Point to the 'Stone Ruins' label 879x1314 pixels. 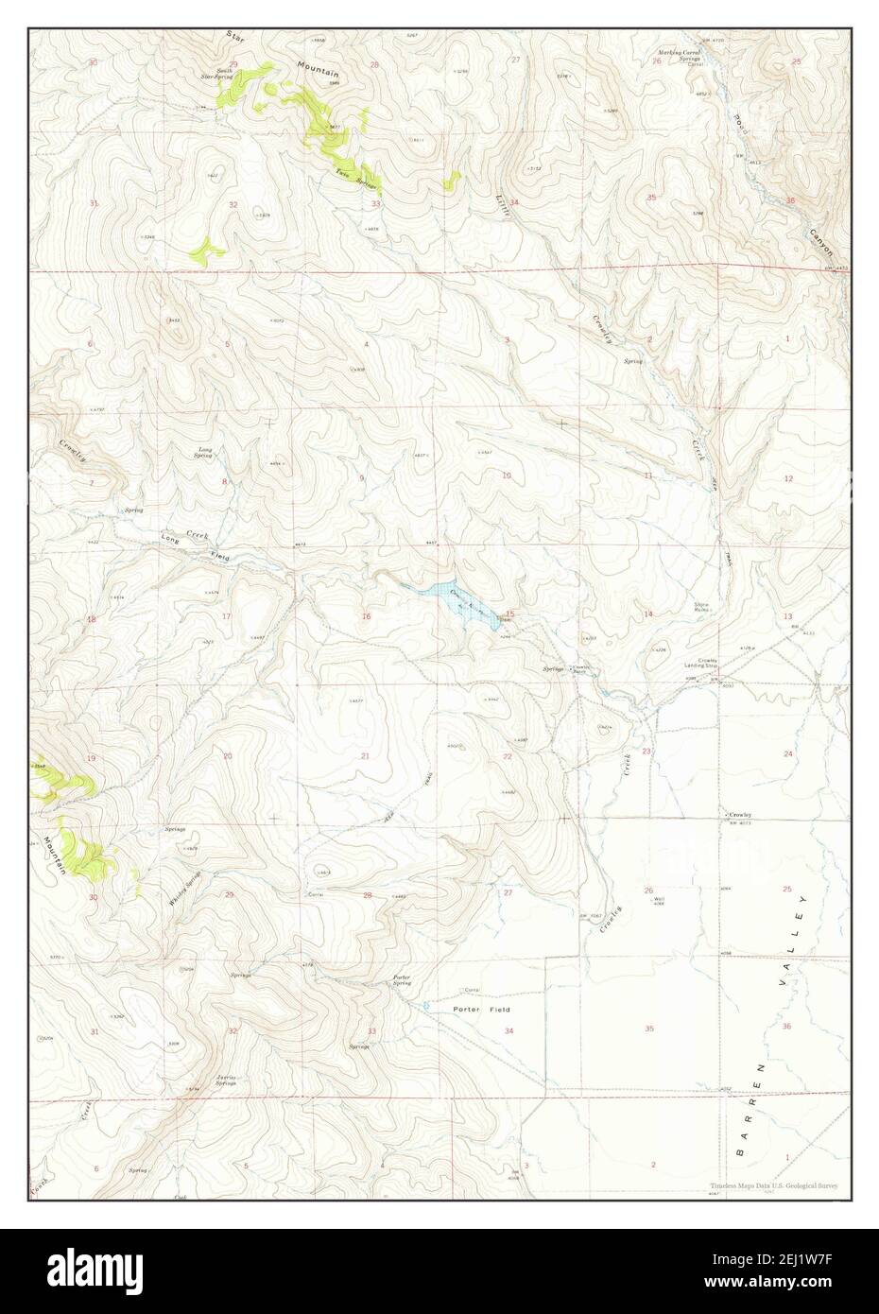(x=701, y=607)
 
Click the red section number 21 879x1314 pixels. (x=365, y=755)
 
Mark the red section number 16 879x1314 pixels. (x=365, y=616)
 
